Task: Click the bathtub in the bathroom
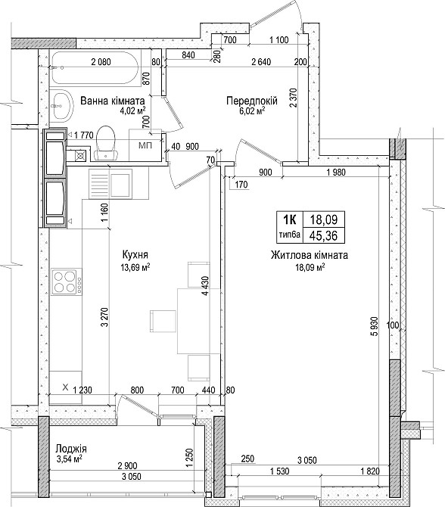click(95, 69)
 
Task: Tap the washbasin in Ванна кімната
click(61, 106)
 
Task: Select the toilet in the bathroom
click(105, 142)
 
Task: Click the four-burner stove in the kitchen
click(67, 281)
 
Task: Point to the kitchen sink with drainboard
click(110, 184)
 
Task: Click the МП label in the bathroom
click(145, 145)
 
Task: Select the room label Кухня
click(135, 254)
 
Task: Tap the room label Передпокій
click(252, 101)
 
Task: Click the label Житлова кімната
click(310, 255)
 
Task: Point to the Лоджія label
click(71, 449)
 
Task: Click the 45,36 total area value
click(323, 236)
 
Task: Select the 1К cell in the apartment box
click(289, 220)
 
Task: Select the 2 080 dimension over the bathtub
click(101, 61)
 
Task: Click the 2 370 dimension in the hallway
click(294, 98)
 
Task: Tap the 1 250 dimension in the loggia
click(190, 458)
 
